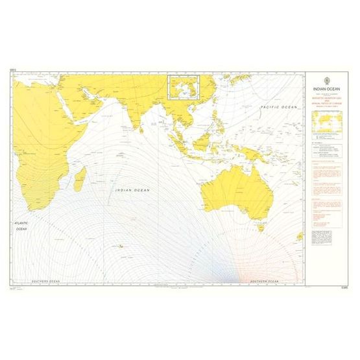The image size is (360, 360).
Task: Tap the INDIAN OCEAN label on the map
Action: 132,190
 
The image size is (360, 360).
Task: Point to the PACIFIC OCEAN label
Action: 278,106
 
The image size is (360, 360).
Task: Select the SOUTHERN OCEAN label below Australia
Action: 264,282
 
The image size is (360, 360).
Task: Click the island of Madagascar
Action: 79,178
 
